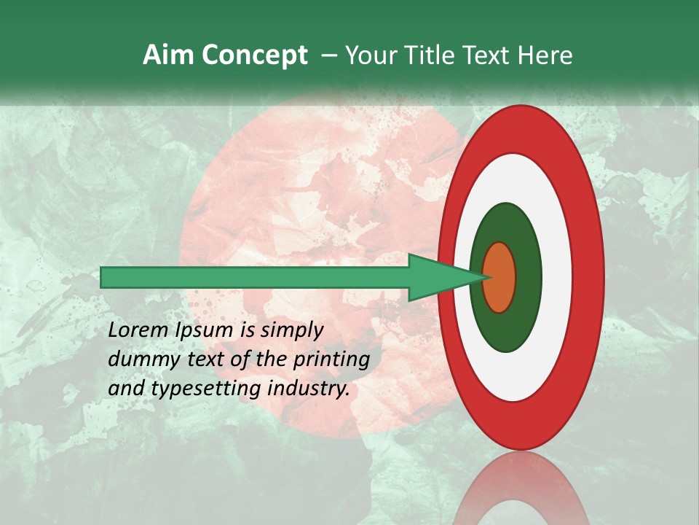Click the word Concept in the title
254,55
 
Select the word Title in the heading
426,55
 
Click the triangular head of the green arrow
437,277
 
